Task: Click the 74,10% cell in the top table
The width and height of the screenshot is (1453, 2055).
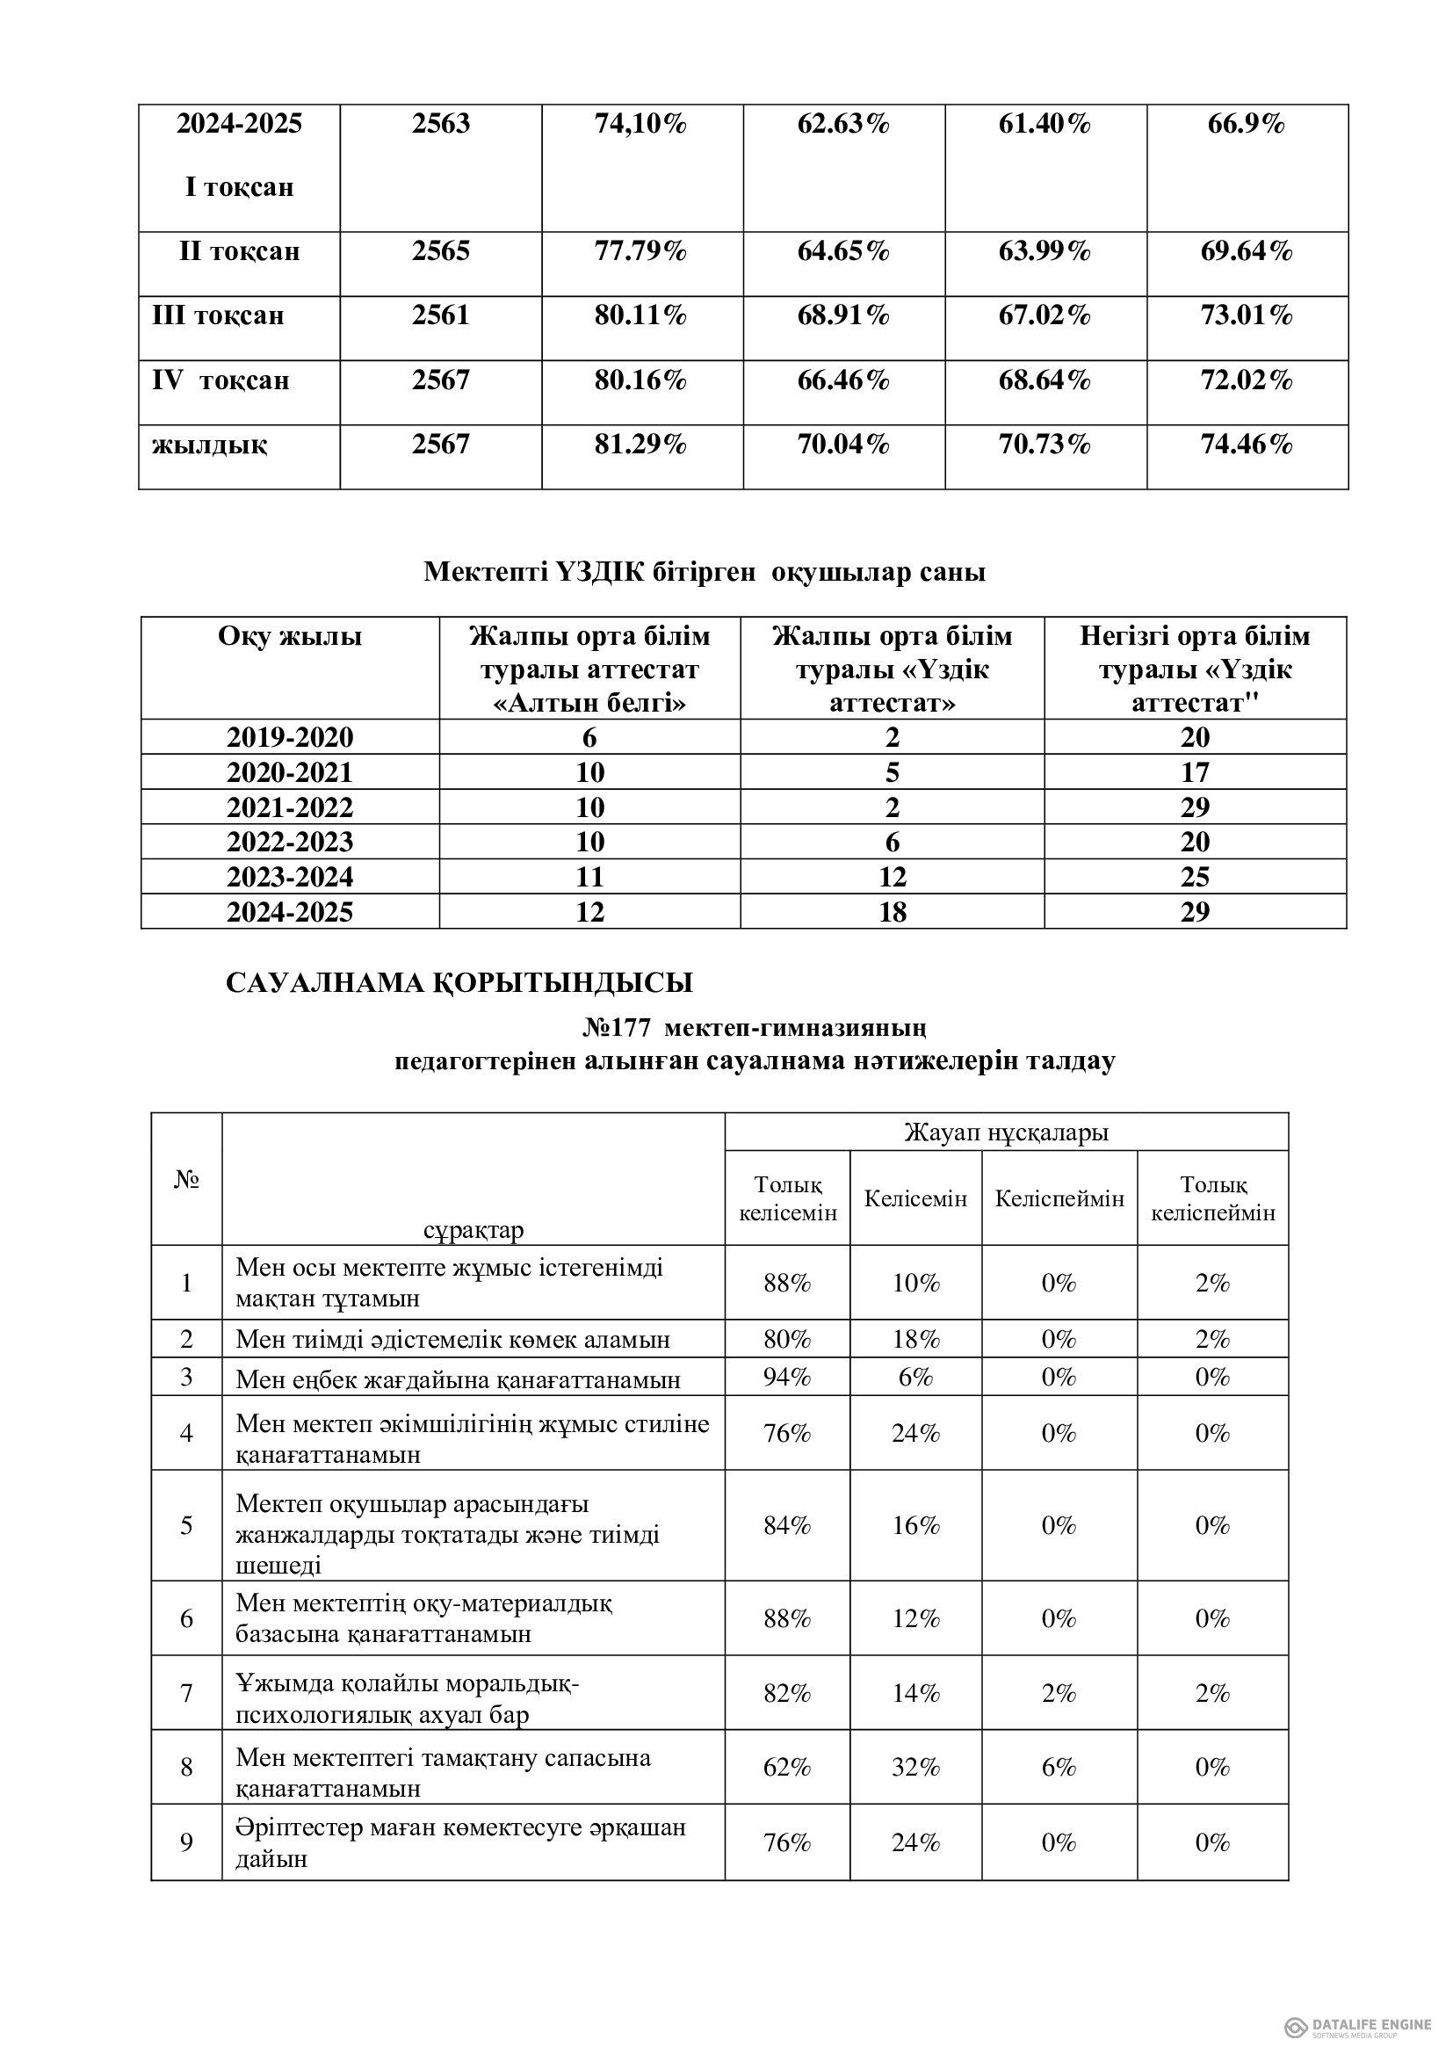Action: (x=640, y=124)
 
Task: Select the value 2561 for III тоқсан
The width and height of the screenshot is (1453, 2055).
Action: (x=440, y=315)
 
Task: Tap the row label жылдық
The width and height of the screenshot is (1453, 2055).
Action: (x=209, y=444)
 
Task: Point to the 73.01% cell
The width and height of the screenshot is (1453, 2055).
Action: (x=1247, y=315)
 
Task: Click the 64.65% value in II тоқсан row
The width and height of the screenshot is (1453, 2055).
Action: (x=842, y=251)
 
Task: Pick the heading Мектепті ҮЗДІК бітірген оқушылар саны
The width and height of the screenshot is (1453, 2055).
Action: (x=705, y=572)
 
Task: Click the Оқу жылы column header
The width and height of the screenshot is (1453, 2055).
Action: (x=290, y=636)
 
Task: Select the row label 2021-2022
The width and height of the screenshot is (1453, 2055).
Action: (x=290, y=807)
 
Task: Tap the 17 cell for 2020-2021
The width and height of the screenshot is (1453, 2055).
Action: (x=1195, y=772)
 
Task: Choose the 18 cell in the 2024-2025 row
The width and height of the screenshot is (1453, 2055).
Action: (x=892, y=912)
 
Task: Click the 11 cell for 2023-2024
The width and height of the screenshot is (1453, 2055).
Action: (x=589, y=877)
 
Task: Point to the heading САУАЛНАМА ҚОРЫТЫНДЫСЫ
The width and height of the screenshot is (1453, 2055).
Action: (x=459, y=983)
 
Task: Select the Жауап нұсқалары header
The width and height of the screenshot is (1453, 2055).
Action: (x=1006, y=1132)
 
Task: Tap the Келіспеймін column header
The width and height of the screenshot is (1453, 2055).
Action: (x=1059, y=1198)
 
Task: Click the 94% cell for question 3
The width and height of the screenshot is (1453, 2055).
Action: (x=786, y=1378)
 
